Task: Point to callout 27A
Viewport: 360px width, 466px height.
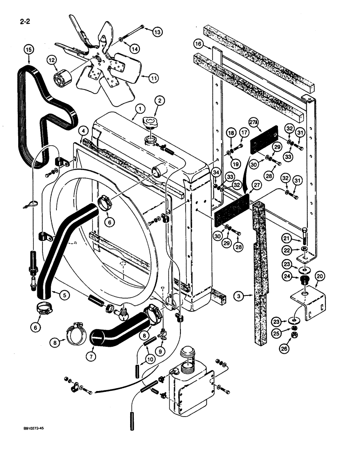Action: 253,123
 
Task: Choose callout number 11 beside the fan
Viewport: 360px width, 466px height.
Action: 152,78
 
